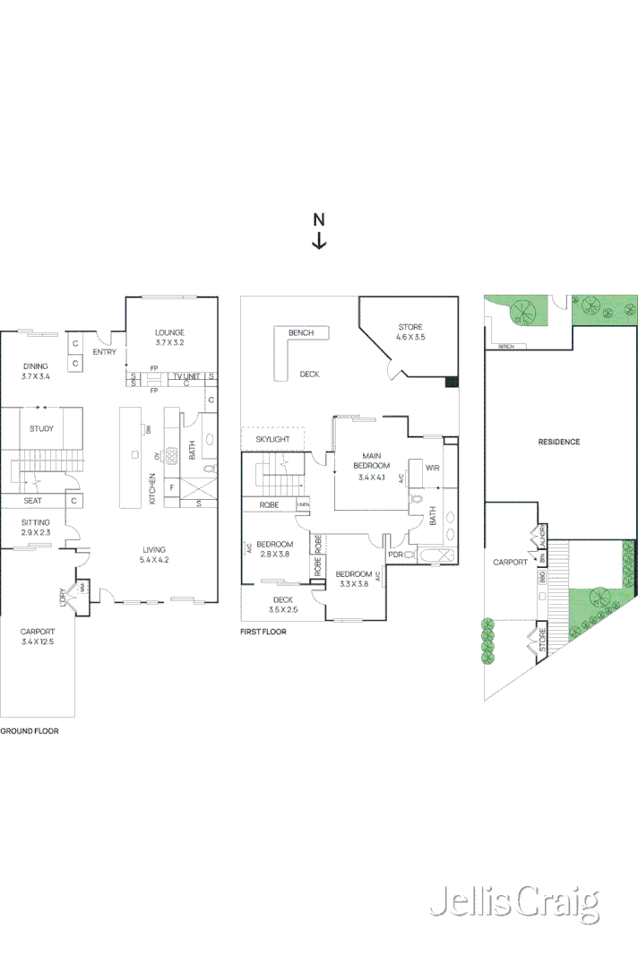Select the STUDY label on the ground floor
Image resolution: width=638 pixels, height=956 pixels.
pyautogui.click(x=41, y=429)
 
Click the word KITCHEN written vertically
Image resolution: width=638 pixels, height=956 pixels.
pyautogui.click(x=153, y=488)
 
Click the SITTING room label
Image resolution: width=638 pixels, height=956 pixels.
pyautogui.click(x=36, y=528)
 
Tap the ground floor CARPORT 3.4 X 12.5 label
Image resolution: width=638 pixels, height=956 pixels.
pyautogui.click(x=38, y=637)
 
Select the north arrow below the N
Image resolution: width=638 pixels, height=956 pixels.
pyautogui.click(x=319, y=240)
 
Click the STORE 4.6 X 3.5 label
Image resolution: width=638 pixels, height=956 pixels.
pyautogui.click(x=410, y=332)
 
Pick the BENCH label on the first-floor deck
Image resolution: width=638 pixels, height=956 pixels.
pyautogui.click(x=300, y=333)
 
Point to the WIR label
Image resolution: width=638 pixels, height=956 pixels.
pyautogui.click(x=432, y=468)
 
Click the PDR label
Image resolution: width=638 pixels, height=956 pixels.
pyautogui.click(x=395, y=555)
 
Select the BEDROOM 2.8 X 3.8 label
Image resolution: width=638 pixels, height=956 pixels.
pyautogui.click(x=274, y=549)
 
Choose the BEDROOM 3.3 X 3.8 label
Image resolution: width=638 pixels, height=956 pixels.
pyautogui.click(x=353, y=579)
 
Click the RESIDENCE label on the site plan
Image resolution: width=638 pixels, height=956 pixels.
pyautogui.click(x=559, y=442)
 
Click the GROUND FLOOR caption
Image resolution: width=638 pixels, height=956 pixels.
pyautogui.click(x=30, y=731)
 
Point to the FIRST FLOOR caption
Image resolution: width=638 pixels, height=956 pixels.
pyautogui.click(x=263, y=632)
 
